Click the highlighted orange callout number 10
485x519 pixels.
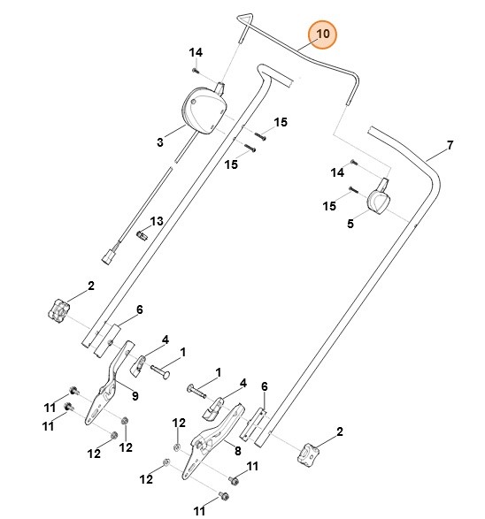point(322,34)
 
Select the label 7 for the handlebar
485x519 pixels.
point(449,145)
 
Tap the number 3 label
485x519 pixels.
point(160,141)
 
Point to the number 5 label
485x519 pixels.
point(350,225)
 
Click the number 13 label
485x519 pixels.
point(156,220)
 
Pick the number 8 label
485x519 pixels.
point(237,450)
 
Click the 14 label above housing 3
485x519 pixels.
point(196,52)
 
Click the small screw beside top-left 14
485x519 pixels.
point(196,70)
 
